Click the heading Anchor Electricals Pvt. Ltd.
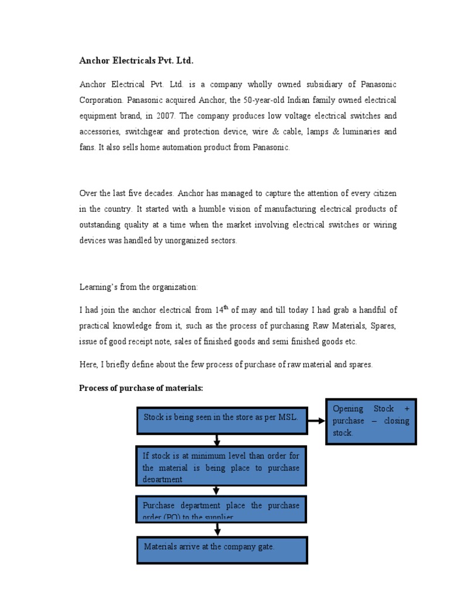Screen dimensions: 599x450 136,61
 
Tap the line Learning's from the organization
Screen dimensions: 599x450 139,287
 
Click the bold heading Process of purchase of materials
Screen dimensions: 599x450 141,388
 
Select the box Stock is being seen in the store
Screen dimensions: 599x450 221,419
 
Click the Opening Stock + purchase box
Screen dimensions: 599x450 370,421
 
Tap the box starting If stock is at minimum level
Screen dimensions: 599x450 221,466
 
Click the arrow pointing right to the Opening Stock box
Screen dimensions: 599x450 316,420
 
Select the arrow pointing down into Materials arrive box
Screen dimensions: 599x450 217,529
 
